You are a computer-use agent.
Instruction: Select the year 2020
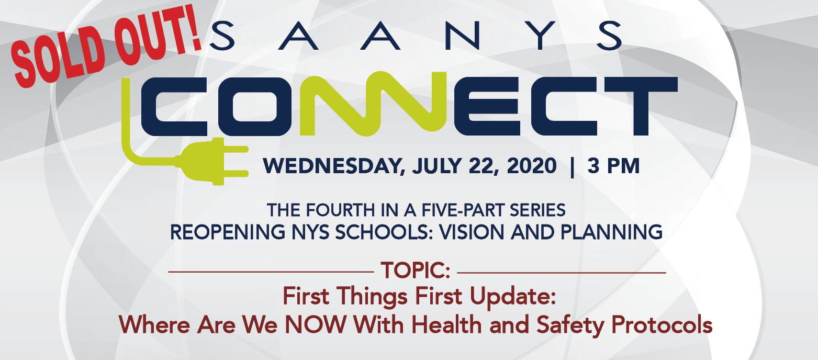click(x=532, y=166)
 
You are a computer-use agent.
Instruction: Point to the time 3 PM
click(x=613, y=166)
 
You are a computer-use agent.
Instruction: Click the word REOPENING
click(x=228, y=232)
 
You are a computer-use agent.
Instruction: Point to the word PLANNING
click(x=612, y=232)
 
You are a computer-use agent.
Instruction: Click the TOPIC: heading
click(x=416, y=271)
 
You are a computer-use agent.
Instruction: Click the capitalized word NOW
click(x=316, y=324)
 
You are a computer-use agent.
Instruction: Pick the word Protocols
click(x=662, y=324)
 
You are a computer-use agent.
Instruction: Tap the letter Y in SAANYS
click(x=541, y=35)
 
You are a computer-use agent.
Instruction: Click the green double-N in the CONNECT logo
click(x=373, y=104)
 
